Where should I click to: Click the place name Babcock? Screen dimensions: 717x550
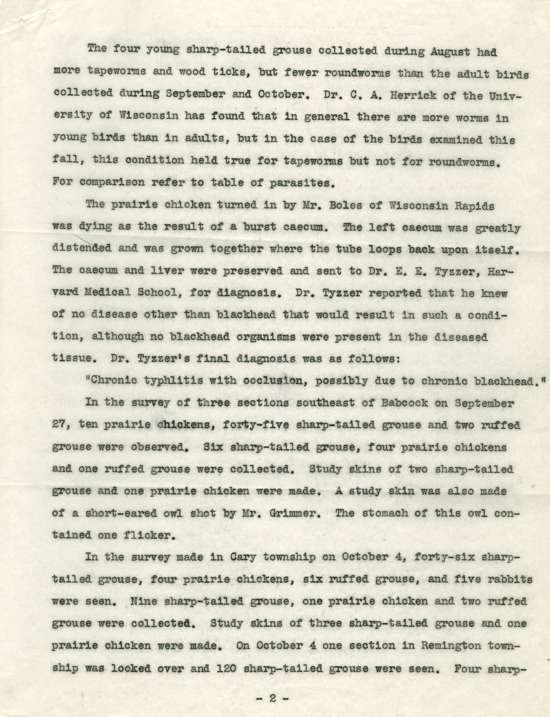[404, 402]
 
